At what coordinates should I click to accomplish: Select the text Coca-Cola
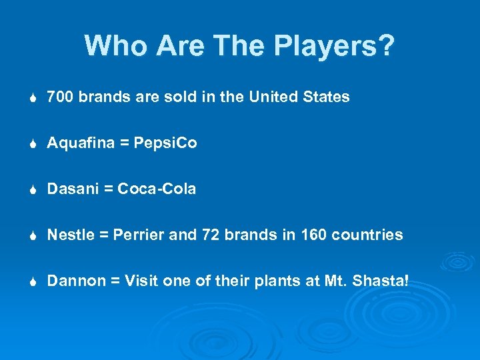pyautogui.click(x=157, y=189)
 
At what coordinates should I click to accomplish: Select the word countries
pyautogui.click(x=367, y=235)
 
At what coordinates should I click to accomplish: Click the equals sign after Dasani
pyautogui.click(x=107, y=189)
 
